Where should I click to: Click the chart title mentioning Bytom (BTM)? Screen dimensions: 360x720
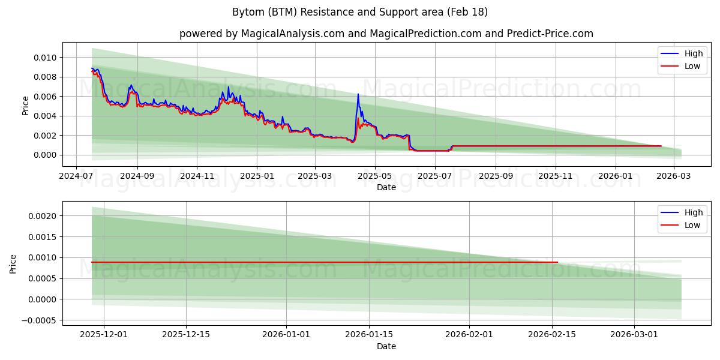click(359, 12)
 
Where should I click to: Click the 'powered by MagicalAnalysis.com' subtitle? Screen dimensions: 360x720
click(386, 34)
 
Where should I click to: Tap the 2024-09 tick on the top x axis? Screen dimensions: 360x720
click(137, 177)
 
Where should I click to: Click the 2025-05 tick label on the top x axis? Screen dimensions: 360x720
click(375, 177)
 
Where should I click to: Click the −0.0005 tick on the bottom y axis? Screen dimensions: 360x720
click(40, 320)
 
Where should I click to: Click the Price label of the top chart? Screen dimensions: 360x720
click(25, 105)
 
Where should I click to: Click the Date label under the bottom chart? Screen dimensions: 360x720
click(386, 346)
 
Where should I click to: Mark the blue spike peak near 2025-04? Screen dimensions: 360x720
click(358, 94)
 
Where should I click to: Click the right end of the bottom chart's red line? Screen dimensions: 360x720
click(557, 262)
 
